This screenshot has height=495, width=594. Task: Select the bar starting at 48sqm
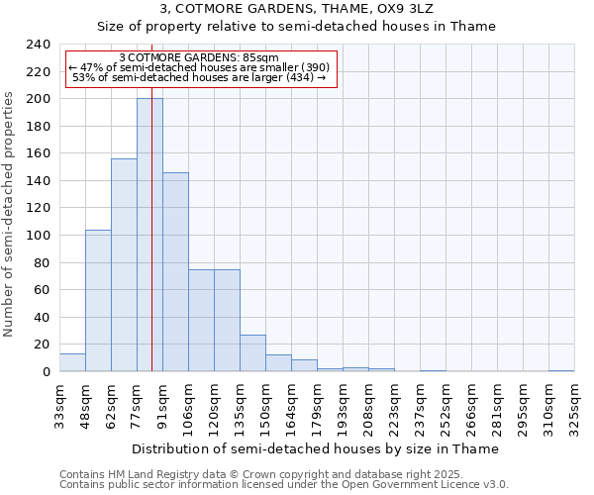click(x=98, y=301)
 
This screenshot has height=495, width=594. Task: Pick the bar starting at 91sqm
click(x=175, y=272)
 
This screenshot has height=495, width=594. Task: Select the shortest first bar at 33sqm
click(x=72, y=362)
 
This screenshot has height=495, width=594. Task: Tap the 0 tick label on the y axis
click(x=46, y=372)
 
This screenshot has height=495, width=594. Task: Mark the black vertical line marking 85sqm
click(x=151, y=247)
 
